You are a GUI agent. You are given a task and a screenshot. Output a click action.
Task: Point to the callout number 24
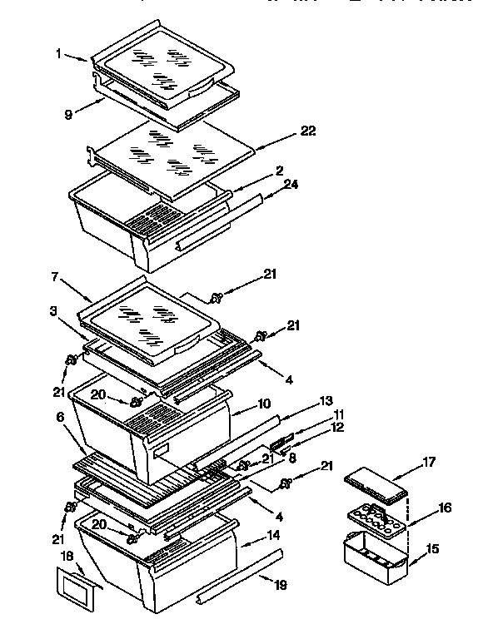coord(289,186)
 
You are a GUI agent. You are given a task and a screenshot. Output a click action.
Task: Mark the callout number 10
coord(265,404)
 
